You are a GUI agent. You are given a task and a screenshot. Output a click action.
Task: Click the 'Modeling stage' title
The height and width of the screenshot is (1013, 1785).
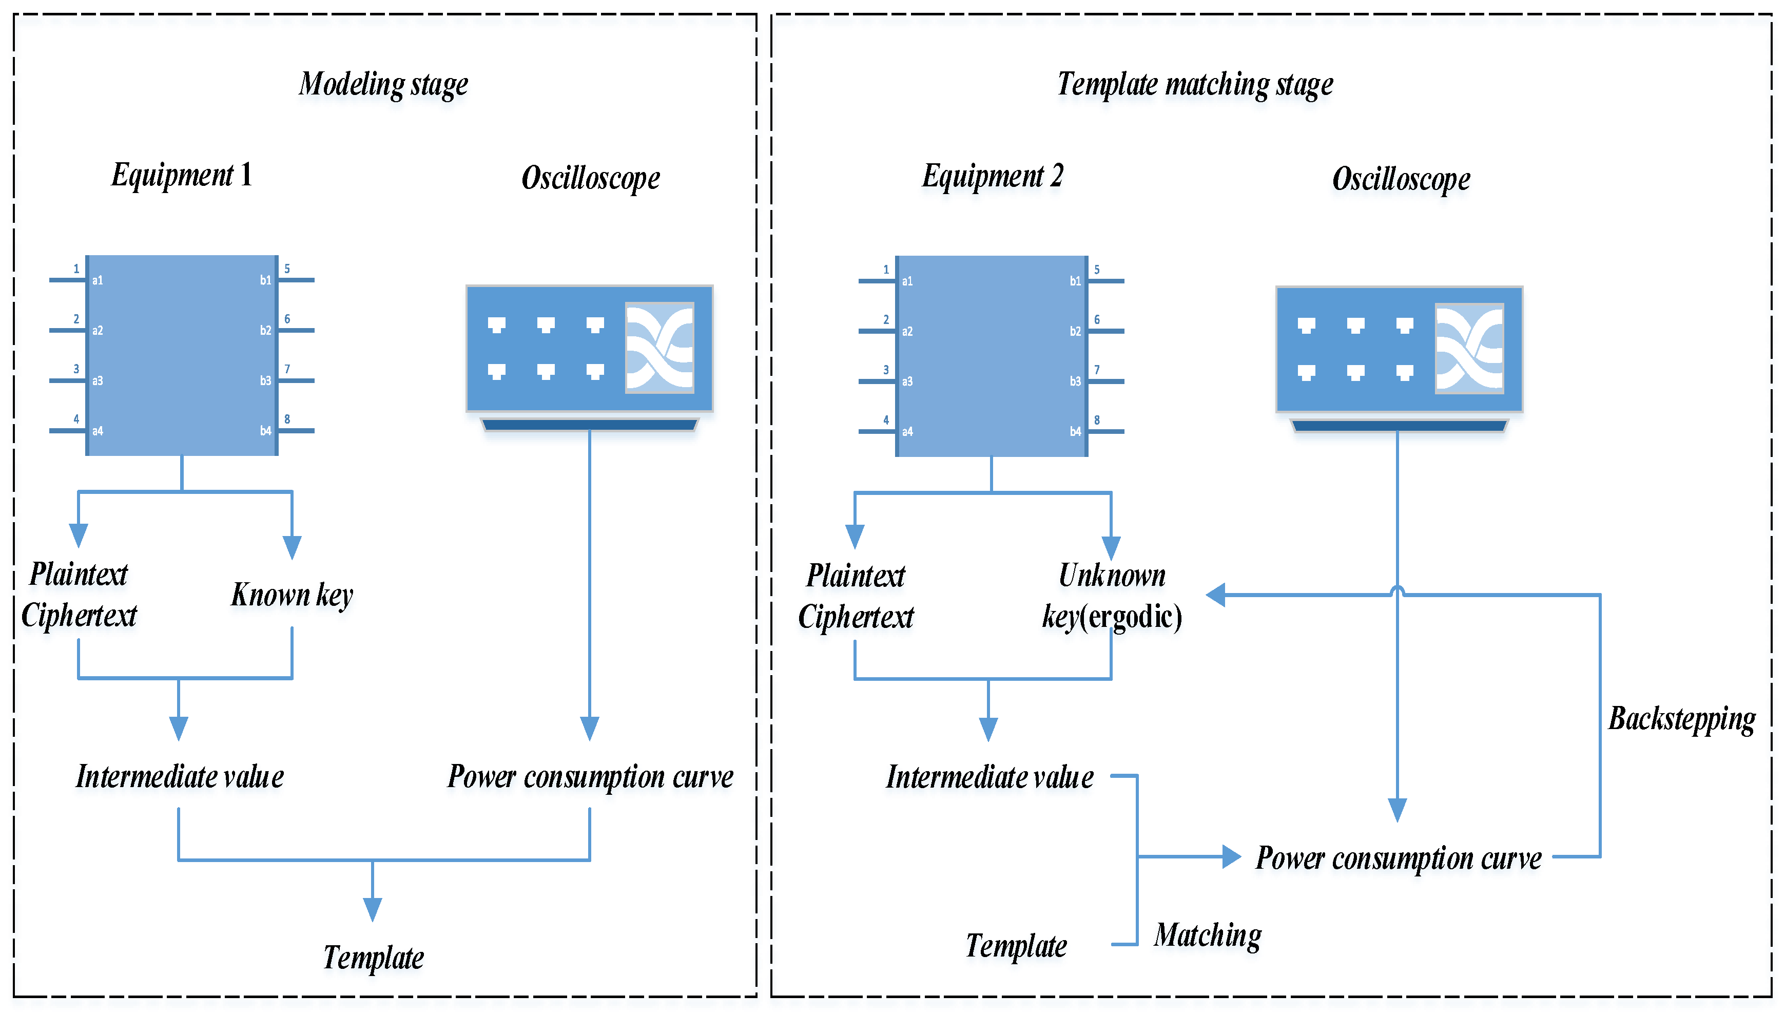(x=383, y=84)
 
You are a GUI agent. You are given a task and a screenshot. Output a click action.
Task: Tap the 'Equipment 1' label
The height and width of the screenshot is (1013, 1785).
(x=182, y=175)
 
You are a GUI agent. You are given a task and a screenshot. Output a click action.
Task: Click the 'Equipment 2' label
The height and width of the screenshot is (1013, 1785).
(x=992, y=176)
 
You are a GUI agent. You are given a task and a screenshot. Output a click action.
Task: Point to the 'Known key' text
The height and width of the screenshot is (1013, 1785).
(x=292, y=595)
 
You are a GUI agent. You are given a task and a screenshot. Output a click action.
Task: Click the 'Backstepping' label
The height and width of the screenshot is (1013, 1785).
(x=1681, y=719)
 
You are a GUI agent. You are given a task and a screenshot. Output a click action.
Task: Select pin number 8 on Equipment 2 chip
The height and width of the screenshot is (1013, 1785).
(x=1097, y=420)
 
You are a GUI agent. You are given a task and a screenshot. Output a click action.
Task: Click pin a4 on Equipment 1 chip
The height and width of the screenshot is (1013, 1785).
(x=98, y=431)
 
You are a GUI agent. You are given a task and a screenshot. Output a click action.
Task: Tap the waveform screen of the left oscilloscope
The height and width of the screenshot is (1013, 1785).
(x=659, y=347)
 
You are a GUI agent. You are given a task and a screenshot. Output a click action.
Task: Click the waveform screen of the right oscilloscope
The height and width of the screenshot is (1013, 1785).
(x=1469, y=349)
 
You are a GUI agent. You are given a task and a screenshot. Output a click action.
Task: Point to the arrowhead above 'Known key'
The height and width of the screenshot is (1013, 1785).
(x=292, y=546)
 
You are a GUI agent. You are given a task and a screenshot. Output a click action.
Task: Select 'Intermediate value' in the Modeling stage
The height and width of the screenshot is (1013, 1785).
(x=180, y=776)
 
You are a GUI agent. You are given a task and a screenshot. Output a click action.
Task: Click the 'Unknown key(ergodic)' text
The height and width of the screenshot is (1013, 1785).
(x=1111, y=596)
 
